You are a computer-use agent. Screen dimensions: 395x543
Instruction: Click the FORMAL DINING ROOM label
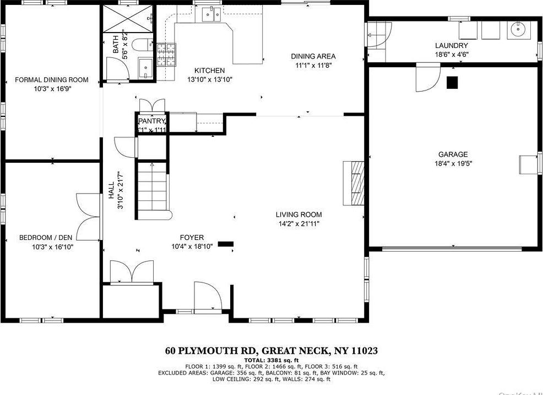[x=51, y=80]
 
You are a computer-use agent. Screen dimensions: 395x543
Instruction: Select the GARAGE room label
[x=453, y=154]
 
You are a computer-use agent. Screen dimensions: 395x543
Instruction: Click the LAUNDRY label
[x=451, y=45]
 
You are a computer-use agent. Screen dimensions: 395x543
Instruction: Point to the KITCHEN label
[x=209, y=71]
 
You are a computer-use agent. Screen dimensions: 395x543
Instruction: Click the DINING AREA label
[x=313, y=56]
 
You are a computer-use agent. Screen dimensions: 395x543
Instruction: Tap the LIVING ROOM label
[x=298, y=215]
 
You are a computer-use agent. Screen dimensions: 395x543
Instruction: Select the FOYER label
[x=187, y=238]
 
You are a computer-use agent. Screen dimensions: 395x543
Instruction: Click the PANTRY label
[x=151, y=121]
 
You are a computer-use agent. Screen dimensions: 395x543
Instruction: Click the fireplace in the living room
[x=355, y=183]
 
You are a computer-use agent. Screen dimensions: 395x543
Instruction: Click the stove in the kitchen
[x=168, y=54]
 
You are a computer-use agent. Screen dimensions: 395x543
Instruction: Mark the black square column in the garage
[x=452, y=82]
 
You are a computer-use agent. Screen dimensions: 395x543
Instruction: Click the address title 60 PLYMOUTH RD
[x=212, y=351]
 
